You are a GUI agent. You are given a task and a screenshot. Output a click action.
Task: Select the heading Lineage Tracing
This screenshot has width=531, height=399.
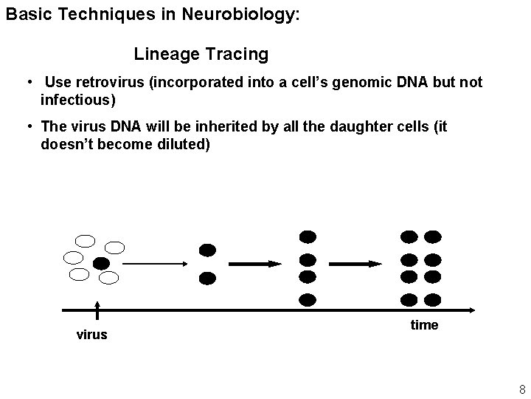[x=201, y=54]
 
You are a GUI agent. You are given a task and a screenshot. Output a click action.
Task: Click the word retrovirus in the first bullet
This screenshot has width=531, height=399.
[x=108, y=82]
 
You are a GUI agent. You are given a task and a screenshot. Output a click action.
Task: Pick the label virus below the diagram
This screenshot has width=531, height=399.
[x=92, y=335]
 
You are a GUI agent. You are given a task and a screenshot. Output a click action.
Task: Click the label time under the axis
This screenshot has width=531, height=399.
[x=424, y=325]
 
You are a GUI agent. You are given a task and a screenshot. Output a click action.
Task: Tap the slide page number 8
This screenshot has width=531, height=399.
[x=522, y=389]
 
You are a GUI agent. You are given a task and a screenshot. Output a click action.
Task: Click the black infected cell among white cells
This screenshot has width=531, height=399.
[x=101, y=263]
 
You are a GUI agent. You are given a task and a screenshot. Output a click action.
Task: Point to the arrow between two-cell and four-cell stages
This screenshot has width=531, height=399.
[x=255, y=264]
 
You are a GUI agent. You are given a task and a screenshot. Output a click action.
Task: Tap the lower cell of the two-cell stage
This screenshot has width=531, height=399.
[x=208, y=278]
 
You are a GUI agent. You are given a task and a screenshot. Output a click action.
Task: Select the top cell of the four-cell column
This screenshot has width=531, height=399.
[x=308, y=236]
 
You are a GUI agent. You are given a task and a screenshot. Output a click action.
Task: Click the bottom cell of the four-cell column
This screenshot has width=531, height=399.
[x=308, y=300]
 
